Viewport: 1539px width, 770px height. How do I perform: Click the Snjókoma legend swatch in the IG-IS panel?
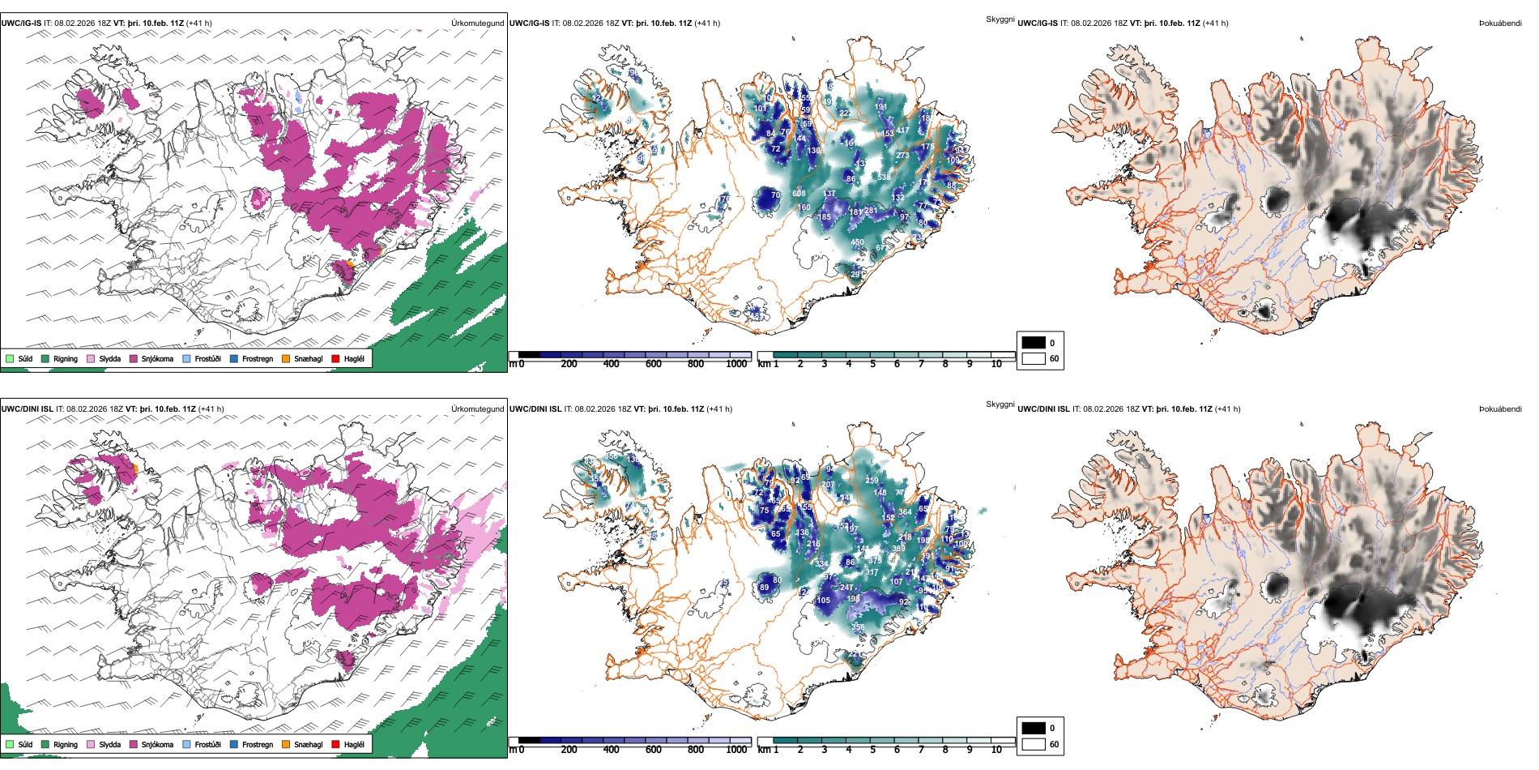point(134,358)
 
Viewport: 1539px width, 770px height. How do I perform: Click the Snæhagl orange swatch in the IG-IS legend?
point(286,358)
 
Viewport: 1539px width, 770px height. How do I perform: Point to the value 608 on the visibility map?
point(799,194)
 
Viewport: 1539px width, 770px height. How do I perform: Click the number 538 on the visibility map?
point(884,177)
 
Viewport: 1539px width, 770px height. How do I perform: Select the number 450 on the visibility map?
point(858,242)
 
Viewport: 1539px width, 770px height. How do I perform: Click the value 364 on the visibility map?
point(905,511)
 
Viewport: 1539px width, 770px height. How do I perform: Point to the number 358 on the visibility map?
point(858,627)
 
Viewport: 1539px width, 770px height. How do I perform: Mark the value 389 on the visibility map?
point(898,549)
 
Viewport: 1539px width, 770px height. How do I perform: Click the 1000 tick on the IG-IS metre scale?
point(736,364)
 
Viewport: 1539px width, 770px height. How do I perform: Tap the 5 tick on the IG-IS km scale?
point(872,364)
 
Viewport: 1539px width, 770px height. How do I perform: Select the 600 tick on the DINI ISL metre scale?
point(653,750)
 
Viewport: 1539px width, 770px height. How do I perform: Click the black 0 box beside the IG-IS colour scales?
point(1034,343)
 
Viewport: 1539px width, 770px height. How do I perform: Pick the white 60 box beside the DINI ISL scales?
point(1034,744)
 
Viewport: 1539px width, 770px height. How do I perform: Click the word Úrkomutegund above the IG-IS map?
point(477,24)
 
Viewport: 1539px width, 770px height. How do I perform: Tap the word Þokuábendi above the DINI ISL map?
point(1500,409)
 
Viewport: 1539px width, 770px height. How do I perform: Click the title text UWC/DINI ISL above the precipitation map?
point(27,409)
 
